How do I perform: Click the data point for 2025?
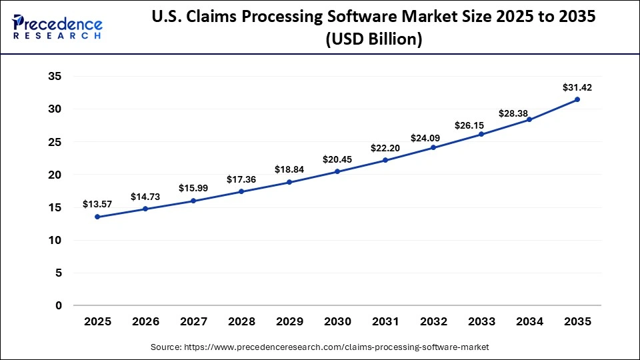[97, 217]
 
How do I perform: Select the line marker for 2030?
[337, 171]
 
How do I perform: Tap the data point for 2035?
[577, 99]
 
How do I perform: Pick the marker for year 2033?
[481, 134]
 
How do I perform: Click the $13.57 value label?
[97, 204]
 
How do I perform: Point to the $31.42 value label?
[577, 87]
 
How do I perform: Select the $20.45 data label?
[337, 159]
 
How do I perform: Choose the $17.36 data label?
[241, 179]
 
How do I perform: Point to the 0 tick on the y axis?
[59, 305]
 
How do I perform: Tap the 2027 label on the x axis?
[193, 322]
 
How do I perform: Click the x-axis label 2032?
[433, 322]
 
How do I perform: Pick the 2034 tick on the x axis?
[529, 322]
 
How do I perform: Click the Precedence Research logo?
[57, 27]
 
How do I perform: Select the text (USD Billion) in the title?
[373, 39]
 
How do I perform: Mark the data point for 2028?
[241, 191]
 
